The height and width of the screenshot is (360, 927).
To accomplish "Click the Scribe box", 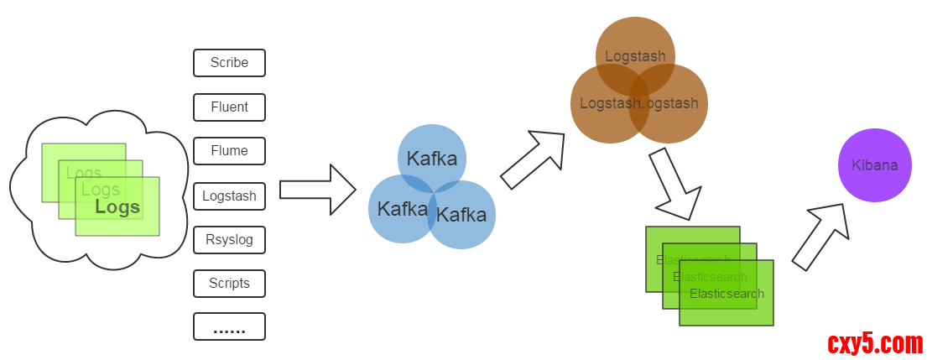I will pos(229,63).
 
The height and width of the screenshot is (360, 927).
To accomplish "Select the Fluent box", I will pos(229,107).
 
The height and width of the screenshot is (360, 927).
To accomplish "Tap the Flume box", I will pos(229,151).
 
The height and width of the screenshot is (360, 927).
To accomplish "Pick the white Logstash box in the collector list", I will pos(229,196).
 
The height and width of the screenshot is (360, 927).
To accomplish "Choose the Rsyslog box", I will pos(229,240).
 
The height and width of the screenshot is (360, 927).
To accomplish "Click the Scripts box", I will pos(229,284).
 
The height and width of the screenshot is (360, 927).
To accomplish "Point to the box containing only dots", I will pos(229,327).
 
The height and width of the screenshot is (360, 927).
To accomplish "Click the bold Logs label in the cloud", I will pos(117,207).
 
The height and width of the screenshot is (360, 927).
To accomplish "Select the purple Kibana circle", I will pos(875,165).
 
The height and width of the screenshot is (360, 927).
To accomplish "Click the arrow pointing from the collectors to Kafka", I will pos(317,190).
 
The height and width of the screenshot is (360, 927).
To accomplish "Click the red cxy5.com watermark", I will pos(875,343).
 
